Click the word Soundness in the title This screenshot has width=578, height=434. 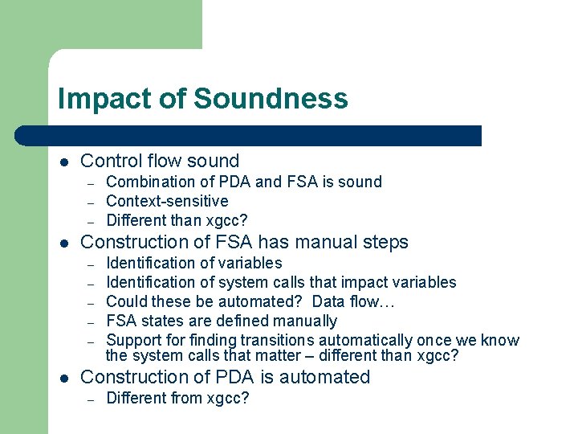coord(271,98)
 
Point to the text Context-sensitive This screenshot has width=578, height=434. coord(167,201)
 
